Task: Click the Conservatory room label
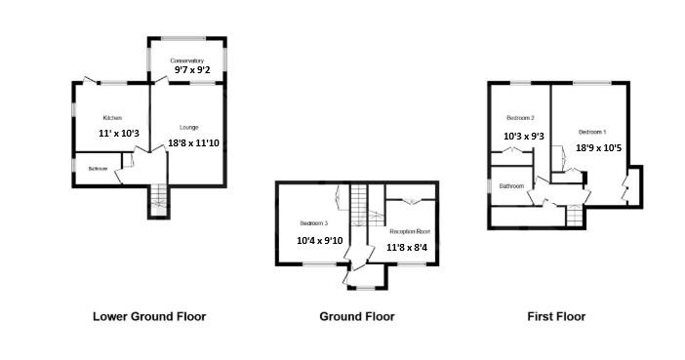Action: [x=187, y=60]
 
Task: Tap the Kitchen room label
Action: [x=112, y=118]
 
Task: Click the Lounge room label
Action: [x=190, y=128]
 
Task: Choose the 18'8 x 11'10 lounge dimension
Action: [x=194, y=143]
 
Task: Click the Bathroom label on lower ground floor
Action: [x=97, y=169]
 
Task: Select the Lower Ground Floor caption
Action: [x=149, y=316]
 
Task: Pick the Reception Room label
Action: [x=410, y=231]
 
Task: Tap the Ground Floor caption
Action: [x=357, y=316]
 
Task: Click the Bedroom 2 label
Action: [x=520, y=118]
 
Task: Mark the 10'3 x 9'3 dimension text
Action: [x=523, y=137]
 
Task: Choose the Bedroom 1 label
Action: [x=591, y=132]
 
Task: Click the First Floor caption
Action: [x=556, y=316]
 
